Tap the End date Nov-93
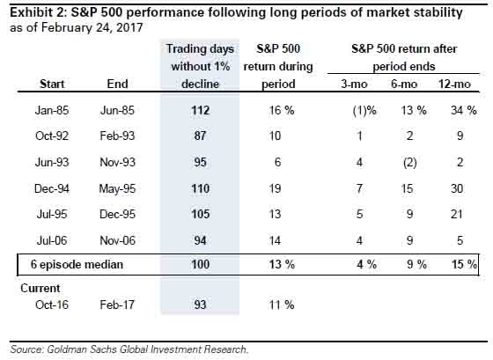[116, 163]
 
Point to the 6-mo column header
[406, 84]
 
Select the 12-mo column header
[457, 84]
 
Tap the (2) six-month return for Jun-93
[406, 163]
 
